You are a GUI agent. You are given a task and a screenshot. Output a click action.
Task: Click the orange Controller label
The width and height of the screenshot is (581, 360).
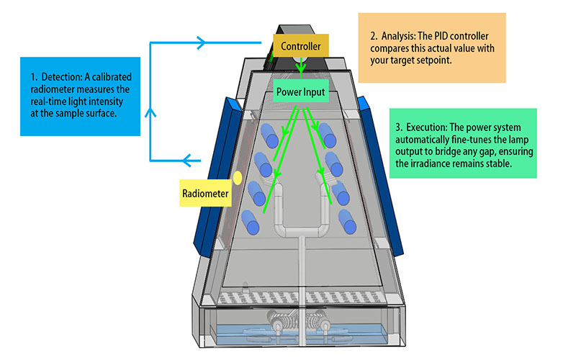tap(300, 48)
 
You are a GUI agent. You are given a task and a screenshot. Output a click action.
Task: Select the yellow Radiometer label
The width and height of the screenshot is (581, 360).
tap(206, 193)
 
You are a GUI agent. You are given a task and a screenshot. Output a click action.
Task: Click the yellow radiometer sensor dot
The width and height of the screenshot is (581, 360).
tap(236, 177)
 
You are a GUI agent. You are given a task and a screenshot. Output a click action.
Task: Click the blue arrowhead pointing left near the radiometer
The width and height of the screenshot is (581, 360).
tap(189, 160)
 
